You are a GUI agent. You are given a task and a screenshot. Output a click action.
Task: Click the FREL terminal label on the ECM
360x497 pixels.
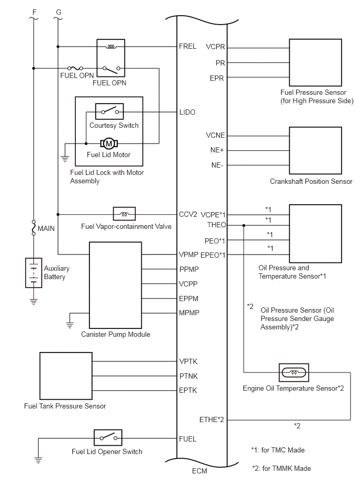(187, 46)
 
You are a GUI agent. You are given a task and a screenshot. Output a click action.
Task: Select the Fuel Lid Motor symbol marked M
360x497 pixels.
(109, 143)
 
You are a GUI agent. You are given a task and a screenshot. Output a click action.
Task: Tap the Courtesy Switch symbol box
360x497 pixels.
(109, 111)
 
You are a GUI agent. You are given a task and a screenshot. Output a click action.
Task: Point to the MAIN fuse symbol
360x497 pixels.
(33, 228)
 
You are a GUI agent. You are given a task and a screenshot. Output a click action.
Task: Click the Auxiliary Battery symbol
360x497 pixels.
(33, 273)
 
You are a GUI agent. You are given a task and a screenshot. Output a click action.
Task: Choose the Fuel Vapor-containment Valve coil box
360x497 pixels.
(125, 214)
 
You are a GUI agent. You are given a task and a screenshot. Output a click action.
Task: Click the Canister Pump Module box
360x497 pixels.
(115, 285)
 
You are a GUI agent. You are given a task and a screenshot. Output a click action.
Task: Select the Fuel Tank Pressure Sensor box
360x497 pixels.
(66, 376)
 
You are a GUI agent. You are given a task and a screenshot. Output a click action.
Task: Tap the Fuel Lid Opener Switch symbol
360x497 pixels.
(108, 438)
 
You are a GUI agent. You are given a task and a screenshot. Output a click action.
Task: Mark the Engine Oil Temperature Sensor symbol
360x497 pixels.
(294, 372)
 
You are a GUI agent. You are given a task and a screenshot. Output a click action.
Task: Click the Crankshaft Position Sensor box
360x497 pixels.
(316, 150)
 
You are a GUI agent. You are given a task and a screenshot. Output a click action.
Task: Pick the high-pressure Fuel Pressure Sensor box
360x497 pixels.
(316, 62)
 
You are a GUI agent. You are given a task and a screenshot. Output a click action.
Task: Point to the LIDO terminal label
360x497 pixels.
(187, 112)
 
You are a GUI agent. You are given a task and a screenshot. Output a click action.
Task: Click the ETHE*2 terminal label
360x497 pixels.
(211, 419)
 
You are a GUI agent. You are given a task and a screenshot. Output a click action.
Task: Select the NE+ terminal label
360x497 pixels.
(217, 150)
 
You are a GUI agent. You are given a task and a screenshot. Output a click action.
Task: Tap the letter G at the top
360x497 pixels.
(59, 12)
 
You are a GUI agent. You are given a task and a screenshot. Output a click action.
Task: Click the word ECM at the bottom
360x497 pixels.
(199, 471)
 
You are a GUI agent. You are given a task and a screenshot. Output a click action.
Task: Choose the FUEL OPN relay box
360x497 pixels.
(111, 58)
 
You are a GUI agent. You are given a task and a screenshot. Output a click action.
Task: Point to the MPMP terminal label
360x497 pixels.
(189, 313)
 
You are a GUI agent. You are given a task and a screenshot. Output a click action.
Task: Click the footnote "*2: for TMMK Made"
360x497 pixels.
(282, 469)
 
